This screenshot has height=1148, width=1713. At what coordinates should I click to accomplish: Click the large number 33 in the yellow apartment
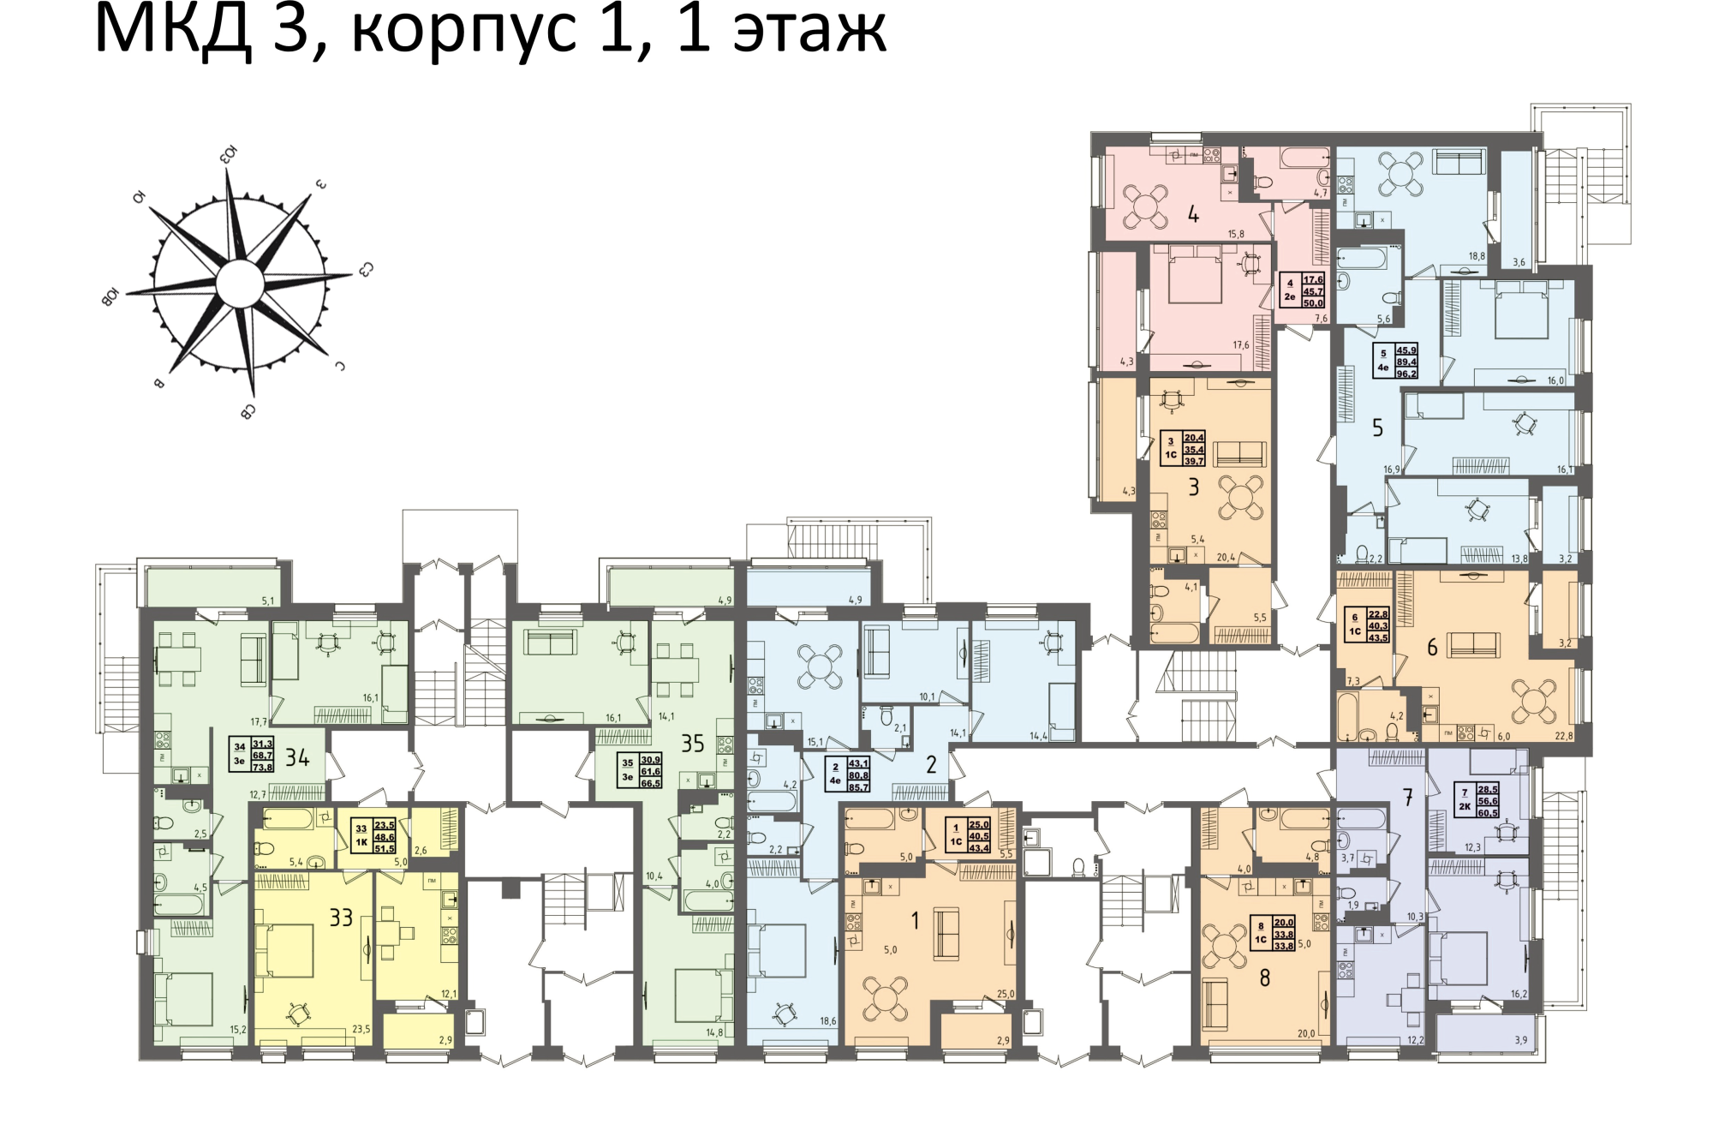pos(341,918)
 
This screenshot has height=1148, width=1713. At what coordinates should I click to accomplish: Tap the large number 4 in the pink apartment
pos(1193,214)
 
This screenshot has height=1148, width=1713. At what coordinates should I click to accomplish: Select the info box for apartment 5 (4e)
pos(1395,362)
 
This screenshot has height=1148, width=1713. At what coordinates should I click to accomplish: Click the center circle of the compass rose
pos(240,284)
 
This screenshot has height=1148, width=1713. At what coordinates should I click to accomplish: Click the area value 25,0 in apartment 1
pos(1005,995)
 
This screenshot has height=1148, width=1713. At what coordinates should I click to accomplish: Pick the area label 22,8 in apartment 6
pos(1563,736)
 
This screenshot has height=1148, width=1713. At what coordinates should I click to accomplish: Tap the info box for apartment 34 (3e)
pos(252,756)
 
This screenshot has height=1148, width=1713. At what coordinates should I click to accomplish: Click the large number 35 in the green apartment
pos(692,744)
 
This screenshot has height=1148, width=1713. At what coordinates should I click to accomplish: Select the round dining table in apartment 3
pos(1240,499)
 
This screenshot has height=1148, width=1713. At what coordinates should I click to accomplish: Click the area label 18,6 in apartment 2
pos(827,1021)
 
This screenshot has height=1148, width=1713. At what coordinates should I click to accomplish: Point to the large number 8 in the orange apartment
pos(1264,978)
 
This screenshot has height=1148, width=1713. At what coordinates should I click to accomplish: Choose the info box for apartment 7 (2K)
pos(1477,801)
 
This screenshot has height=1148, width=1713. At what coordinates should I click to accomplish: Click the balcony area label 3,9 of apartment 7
pos(1520,1041)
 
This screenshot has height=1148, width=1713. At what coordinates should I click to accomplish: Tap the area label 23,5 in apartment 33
pos(361,1030)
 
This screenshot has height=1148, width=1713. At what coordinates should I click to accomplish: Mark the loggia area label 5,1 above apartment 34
pos(267,601)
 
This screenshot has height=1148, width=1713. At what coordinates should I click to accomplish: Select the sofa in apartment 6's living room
pos(1473,645)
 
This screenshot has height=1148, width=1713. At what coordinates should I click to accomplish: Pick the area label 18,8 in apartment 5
pos(1477,256)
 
